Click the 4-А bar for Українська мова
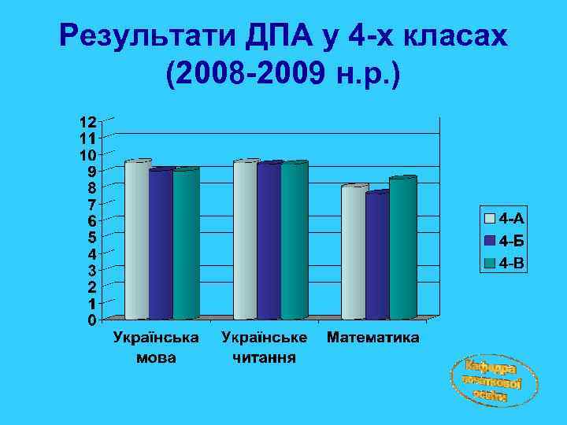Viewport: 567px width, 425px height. [136, 240]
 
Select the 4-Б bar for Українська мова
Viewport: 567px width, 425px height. [161, 244]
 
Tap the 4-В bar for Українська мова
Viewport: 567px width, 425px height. [186, 244]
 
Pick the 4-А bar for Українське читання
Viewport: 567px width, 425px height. [245, 240]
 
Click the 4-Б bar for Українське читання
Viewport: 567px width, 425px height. [269, 241]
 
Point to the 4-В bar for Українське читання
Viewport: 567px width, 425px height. [294, 241]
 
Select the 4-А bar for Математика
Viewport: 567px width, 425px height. [354, 252]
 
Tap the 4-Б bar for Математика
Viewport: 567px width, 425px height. [377, 255]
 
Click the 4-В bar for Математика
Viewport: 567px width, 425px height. [402, 248]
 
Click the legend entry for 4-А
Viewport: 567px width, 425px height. [504, 217]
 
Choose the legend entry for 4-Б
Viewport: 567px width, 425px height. [504, 239]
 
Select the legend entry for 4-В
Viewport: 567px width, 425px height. [504, 261]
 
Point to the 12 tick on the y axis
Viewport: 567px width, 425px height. [87, 122]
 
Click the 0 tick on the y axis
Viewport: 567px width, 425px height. [92, 320]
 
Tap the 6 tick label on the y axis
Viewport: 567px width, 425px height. [92, 221]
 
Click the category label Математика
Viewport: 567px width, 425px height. [372, 338]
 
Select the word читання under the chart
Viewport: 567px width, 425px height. [264, 358]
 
